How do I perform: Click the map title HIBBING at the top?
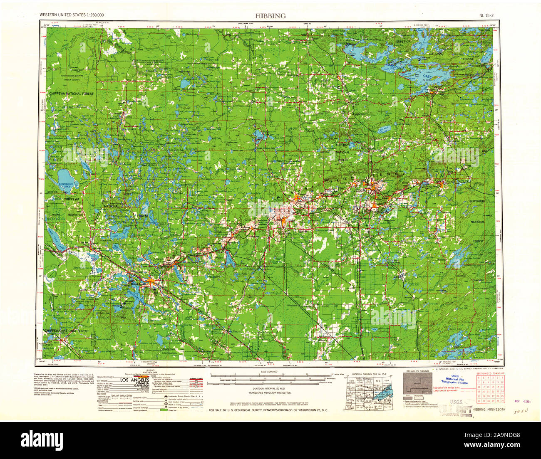(x=270, y=16)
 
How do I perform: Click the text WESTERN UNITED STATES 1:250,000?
(x=72, y=15)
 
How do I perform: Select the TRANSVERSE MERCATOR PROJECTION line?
(x=270, y=393)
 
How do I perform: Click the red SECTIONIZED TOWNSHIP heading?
(x=490, y=373)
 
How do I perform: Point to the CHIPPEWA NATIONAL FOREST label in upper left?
(x=70, y=94)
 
